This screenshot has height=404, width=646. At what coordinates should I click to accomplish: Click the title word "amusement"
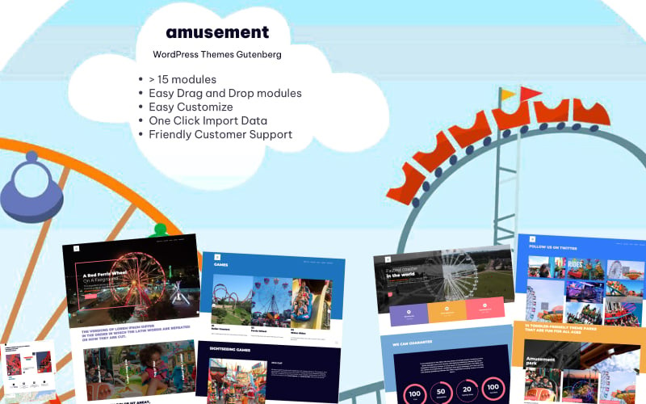click(217, 32)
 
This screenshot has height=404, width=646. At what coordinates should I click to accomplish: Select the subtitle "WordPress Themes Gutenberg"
click(217, 55)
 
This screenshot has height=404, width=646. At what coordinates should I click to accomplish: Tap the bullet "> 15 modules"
click(182, 79)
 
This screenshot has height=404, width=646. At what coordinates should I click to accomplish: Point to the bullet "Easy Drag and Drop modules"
click(225, 93)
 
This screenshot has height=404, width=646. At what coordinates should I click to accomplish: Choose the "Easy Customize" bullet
click(191, 107)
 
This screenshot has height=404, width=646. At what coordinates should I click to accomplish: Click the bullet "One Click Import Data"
click(208, 120)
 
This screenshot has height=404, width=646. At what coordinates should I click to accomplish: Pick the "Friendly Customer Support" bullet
click(220, 134)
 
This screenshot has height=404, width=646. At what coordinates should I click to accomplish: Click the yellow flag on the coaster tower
click(508, 95)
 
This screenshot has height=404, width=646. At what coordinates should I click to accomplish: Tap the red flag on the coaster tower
click(530, 94)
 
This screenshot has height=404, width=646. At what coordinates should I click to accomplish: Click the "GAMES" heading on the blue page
click(220, 264)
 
